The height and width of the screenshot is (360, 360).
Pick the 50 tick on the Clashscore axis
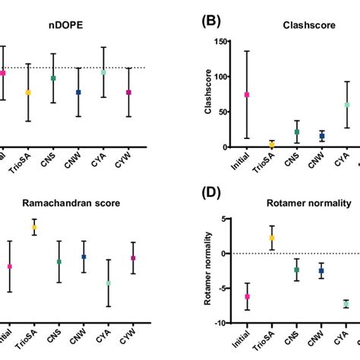click(x=226, y=112)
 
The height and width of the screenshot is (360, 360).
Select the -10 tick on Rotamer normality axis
click(x=225, y=323)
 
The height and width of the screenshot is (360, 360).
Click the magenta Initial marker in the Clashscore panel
click(x=247, y=95)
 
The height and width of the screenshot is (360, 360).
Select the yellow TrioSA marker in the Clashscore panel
click(x=272, y=144)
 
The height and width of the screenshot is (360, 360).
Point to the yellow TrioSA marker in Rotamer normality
click(x=272, y=238)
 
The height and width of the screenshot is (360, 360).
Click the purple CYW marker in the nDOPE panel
click(x=129, y=92)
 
